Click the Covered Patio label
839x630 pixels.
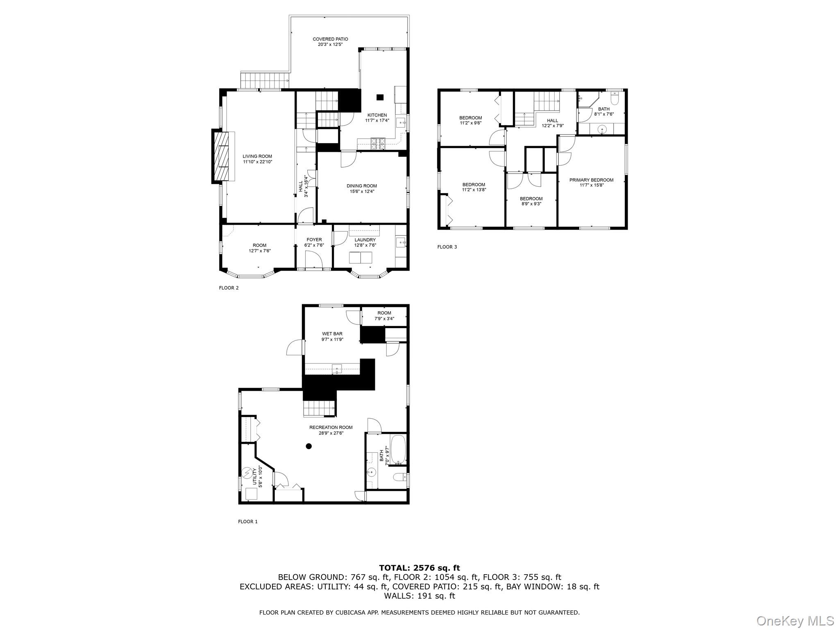[x=330, y=39]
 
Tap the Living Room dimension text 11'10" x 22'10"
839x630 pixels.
[x=257, y=162]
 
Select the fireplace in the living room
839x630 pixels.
[x=223, y=156]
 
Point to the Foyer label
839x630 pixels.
[x=314, y=240]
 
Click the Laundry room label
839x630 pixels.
[x=365, y=240]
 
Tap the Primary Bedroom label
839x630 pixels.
[x=591, y=180]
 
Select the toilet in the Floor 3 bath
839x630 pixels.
[x=614, y=98]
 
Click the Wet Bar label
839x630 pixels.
[x=332, y=334]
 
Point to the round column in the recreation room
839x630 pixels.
[x=308, y=446]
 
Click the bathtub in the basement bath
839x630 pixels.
[x=398, y=449]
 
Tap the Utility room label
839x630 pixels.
[x=254, y=476]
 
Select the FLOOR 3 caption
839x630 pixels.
[x=447, y=247]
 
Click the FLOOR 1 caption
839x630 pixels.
[x=247, y=522]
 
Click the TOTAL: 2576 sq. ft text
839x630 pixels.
[x=419, y=568]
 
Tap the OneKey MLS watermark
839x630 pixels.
[x=795, y=621]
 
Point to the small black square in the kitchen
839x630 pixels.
[x=380, y=97]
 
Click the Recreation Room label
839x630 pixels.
[x=331, y=427]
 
